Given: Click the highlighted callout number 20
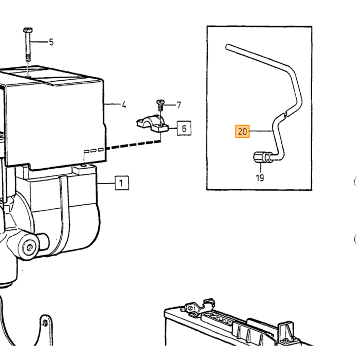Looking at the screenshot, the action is coord(242,131).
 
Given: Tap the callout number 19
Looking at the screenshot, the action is coord(260,178).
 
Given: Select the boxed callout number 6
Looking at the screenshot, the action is coord(184,128).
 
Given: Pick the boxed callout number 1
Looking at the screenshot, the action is coord(122,183).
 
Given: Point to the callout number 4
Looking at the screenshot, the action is coord(124,105).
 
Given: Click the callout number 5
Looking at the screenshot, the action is coord(51,42).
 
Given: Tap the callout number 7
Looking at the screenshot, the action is coord(179,105).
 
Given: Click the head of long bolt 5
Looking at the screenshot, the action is coord(28,30).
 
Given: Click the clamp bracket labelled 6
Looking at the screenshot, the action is coord(153,124).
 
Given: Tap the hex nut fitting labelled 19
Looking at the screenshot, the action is coord(260,157).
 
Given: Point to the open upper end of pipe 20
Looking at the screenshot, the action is coord(227,47).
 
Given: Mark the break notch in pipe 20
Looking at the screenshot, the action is coord(285,114).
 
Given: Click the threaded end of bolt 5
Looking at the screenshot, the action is coord(28,58).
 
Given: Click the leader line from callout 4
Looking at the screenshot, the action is coord(112,105).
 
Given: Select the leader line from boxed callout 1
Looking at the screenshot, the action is coord(106,183).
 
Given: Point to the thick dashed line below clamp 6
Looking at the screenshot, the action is coord(133,145).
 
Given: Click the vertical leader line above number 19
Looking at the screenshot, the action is coord(261,168).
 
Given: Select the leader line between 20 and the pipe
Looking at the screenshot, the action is coord(261,131).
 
